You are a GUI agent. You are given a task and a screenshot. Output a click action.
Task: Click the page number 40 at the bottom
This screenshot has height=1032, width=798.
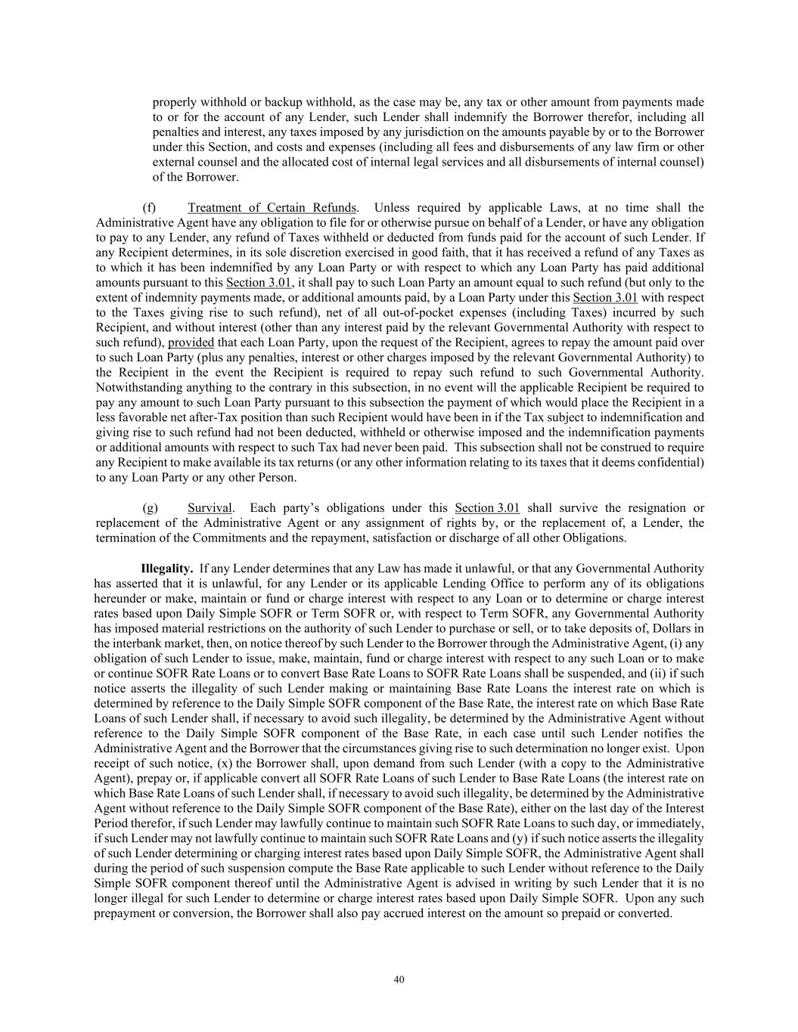coord(399,980)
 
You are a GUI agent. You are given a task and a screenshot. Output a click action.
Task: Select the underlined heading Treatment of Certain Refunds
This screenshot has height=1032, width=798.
coord(272,208)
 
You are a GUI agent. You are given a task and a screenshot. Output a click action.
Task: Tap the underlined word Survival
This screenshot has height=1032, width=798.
coord(210,508)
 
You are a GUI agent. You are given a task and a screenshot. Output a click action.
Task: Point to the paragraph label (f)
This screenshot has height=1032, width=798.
coord(150,208)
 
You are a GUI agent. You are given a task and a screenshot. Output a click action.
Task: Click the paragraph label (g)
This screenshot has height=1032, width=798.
coord(150,508)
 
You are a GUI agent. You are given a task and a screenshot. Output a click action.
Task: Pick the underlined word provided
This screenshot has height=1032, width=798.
coord(191,342)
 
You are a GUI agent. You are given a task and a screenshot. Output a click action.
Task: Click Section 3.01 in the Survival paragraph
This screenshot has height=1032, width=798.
coord(487,508)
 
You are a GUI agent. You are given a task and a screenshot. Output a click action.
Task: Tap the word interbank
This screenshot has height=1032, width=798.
coord(147,643)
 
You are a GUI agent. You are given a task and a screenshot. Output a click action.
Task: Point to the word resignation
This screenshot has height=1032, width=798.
coord(651,508)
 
